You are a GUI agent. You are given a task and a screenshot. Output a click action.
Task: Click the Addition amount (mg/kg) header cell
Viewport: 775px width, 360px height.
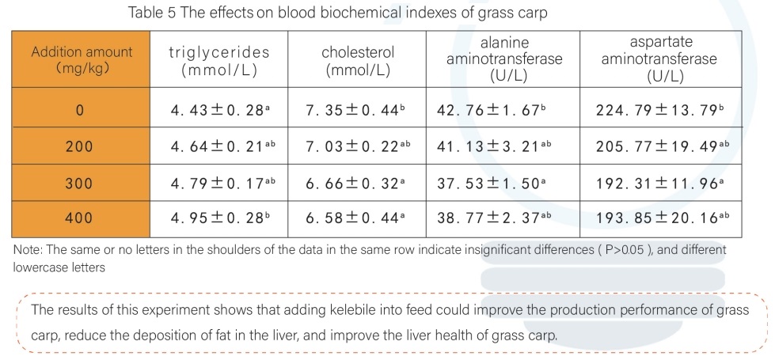[82, 60]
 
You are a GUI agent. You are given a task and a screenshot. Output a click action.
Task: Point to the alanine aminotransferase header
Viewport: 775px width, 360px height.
[504, 59]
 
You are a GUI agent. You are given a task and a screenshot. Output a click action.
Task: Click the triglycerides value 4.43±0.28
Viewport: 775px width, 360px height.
[219, 110]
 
